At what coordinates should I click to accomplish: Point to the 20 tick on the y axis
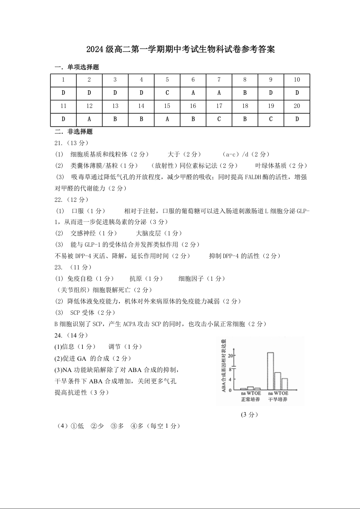click(x=231, y=355)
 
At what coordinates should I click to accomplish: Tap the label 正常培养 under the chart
click(x=250, y=400)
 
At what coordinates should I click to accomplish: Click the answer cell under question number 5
click(x=167, y=93)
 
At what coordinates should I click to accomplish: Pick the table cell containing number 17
click(x=219, y=106)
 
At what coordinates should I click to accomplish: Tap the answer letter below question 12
click(x=89, y=119)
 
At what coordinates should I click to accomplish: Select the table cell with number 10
click(x=297, y=80)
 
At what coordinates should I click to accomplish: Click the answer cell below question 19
click(x=271, y=119)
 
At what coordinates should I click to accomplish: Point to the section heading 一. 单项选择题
click(x=77, y=67)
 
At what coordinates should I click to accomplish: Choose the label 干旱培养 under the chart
click(x=278, y=400)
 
